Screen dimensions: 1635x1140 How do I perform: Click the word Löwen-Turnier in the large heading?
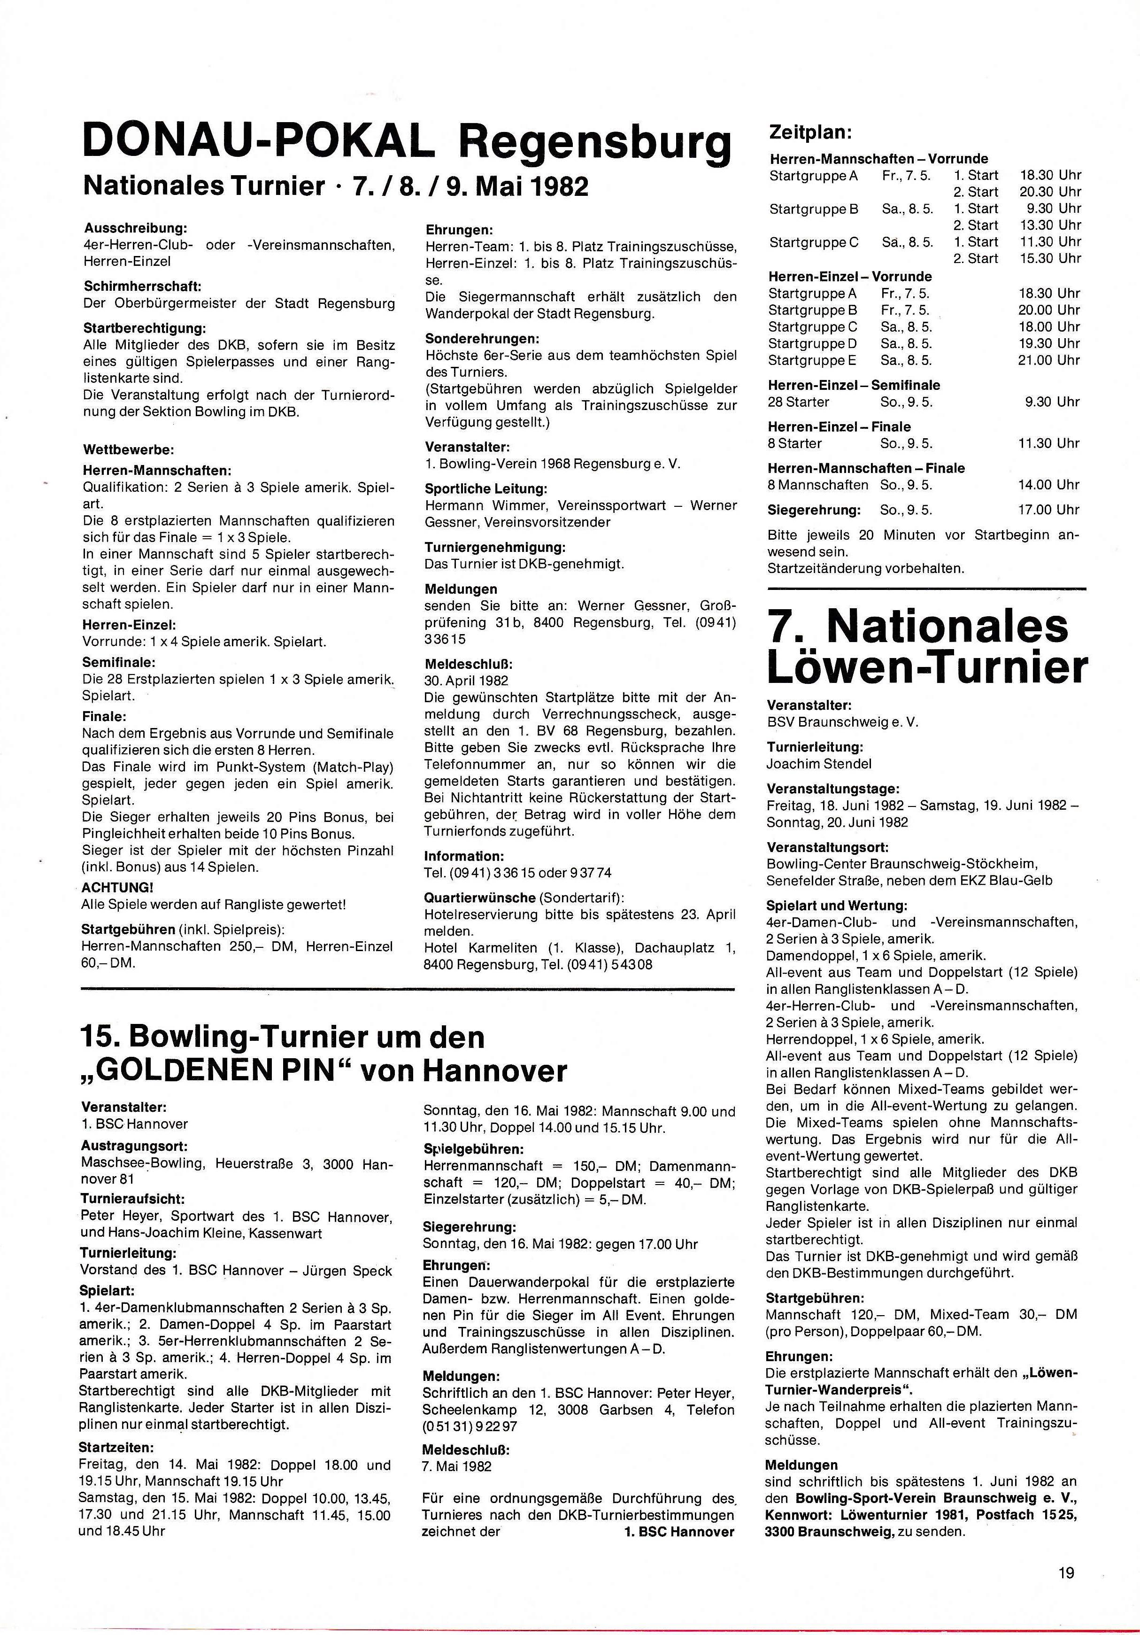point(927,668)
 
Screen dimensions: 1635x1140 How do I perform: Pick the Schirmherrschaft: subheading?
point(142,286)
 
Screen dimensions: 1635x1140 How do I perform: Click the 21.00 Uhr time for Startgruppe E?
point(1049,360)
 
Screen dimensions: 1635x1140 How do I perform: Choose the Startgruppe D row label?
point(812,343)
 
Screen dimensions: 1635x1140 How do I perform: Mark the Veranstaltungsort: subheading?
point(827,847)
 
